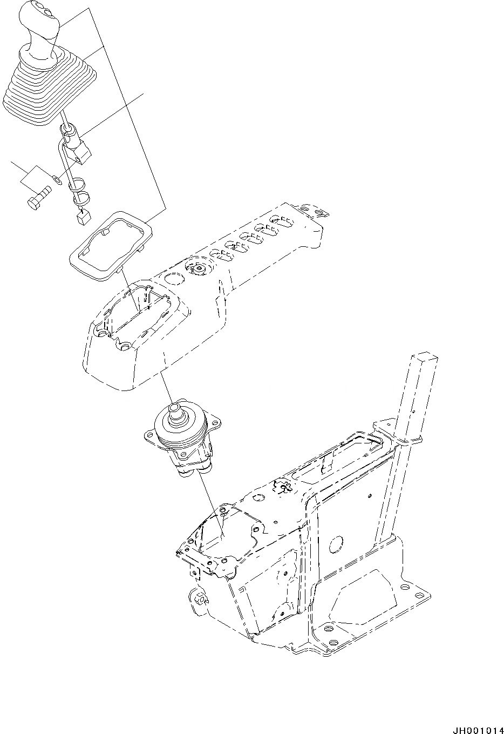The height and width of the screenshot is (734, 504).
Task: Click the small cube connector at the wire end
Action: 83,217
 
